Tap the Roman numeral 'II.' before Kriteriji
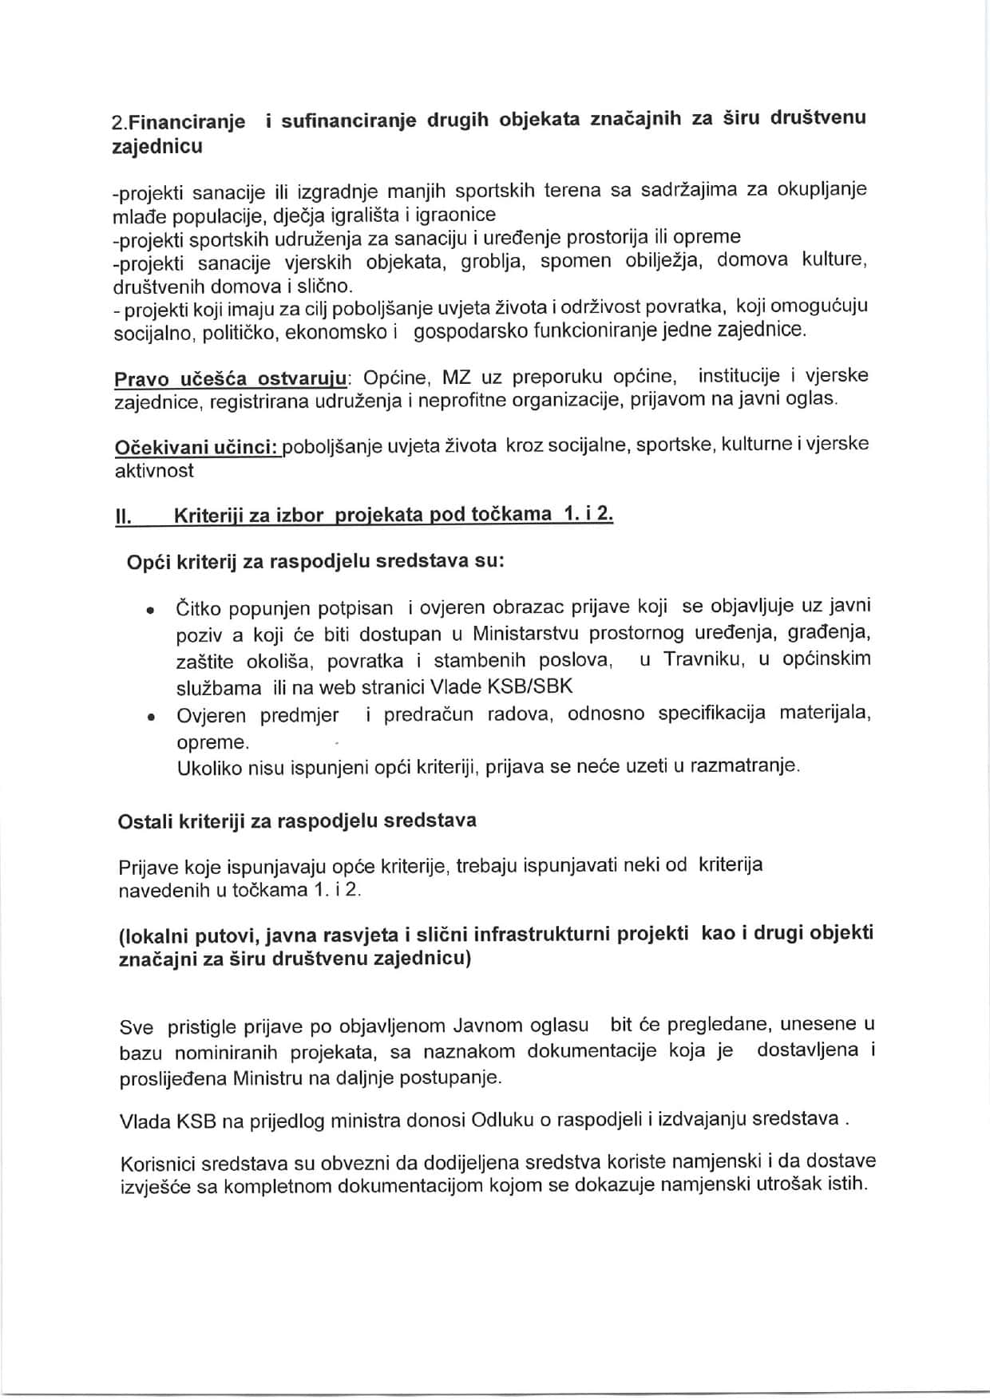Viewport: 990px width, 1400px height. (x=124, y=516)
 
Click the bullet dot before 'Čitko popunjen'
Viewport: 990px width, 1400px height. (x=149, y=611)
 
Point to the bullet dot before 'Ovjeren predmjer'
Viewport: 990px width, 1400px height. (x=149, y=718)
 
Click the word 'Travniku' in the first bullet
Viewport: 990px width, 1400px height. (x=700, y=660)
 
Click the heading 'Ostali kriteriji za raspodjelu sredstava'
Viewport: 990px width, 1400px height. (x=297, y=821)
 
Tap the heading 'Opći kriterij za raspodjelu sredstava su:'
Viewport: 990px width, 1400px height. (x=315, y=561)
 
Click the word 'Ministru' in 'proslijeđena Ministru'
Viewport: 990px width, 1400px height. (x=267, y=1078)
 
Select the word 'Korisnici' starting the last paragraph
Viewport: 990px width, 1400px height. (x=154, y=1161)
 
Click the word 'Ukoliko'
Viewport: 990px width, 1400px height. (x=206, y=766)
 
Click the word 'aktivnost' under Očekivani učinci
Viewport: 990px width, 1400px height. (x=154, y=471)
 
